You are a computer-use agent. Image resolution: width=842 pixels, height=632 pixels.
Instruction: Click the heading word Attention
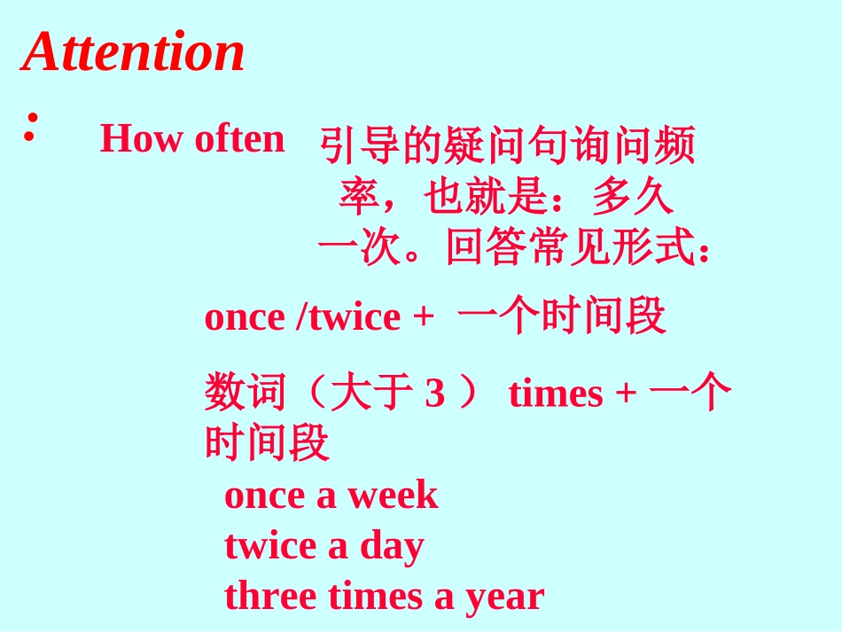[x=133, y=51]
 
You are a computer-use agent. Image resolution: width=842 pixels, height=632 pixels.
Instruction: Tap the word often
[x=239, y=139]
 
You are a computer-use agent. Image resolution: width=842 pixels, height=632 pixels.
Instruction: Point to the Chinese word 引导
[x=360, y=146]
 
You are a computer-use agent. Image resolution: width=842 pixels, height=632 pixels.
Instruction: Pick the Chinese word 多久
[x=633, y=198]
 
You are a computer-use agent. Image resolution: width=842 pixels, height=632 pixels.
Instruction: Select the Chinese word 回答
[x=487, y=247]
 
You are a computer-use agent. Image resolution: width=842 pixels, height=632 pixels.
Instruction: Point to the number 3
[x=434, y=394]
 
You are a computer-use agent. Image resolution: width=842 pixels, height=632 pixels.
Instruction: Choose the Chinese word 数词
[x=246, y=393]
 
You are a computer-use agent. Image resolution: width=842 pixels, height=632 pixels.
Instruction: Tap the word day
[x=391, y=547]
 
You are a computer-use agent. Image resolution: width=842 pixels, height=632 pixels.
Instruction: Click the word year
[x=503, y=597]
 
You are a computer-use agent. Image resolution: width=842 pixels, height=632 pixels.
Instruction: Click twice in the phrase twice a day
[x=270, y=546]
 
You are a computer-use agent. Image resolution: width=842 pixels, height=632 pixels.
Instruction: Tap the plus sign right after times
[x=626, y=394]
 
